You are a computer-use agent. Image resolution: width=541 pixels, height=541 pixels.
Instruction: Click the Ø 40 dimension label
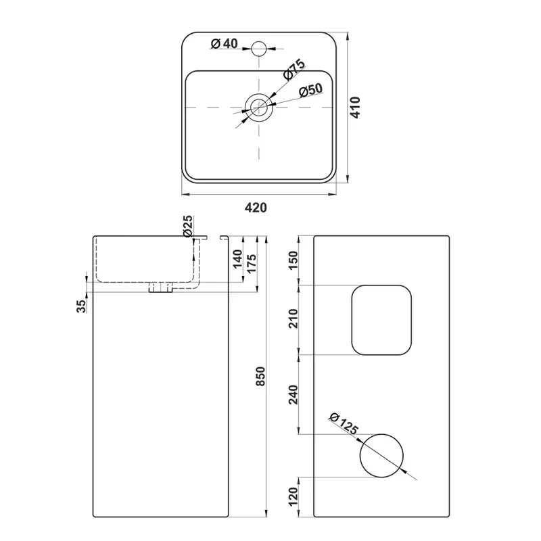225,43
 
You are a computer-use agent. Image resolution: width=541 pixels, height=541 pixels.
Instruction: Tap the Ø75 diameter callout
294,70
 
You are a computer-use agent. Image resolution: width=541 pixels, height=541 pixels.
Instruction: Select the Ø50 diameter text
311,91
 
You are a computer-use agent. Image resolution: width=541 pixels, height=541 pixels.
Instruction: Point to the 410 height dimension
356,108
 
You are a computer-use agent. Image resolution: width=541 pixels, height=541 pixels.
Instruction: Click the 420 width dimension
256,208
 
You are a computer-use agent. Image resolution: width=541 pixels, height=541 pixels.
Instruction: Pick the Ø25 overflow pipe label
188,227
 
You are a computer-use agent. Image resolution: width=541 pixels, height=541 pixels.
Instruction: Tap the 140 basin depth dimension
237,259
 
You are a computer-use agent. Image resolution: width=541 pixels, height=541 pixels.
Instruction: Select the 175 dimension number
252,264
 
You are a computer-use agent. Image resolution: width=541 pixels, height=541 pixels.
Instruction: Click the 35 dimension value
81,306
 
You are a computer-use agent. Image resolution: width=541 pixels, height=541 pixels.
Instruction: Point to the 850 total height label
261,376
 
